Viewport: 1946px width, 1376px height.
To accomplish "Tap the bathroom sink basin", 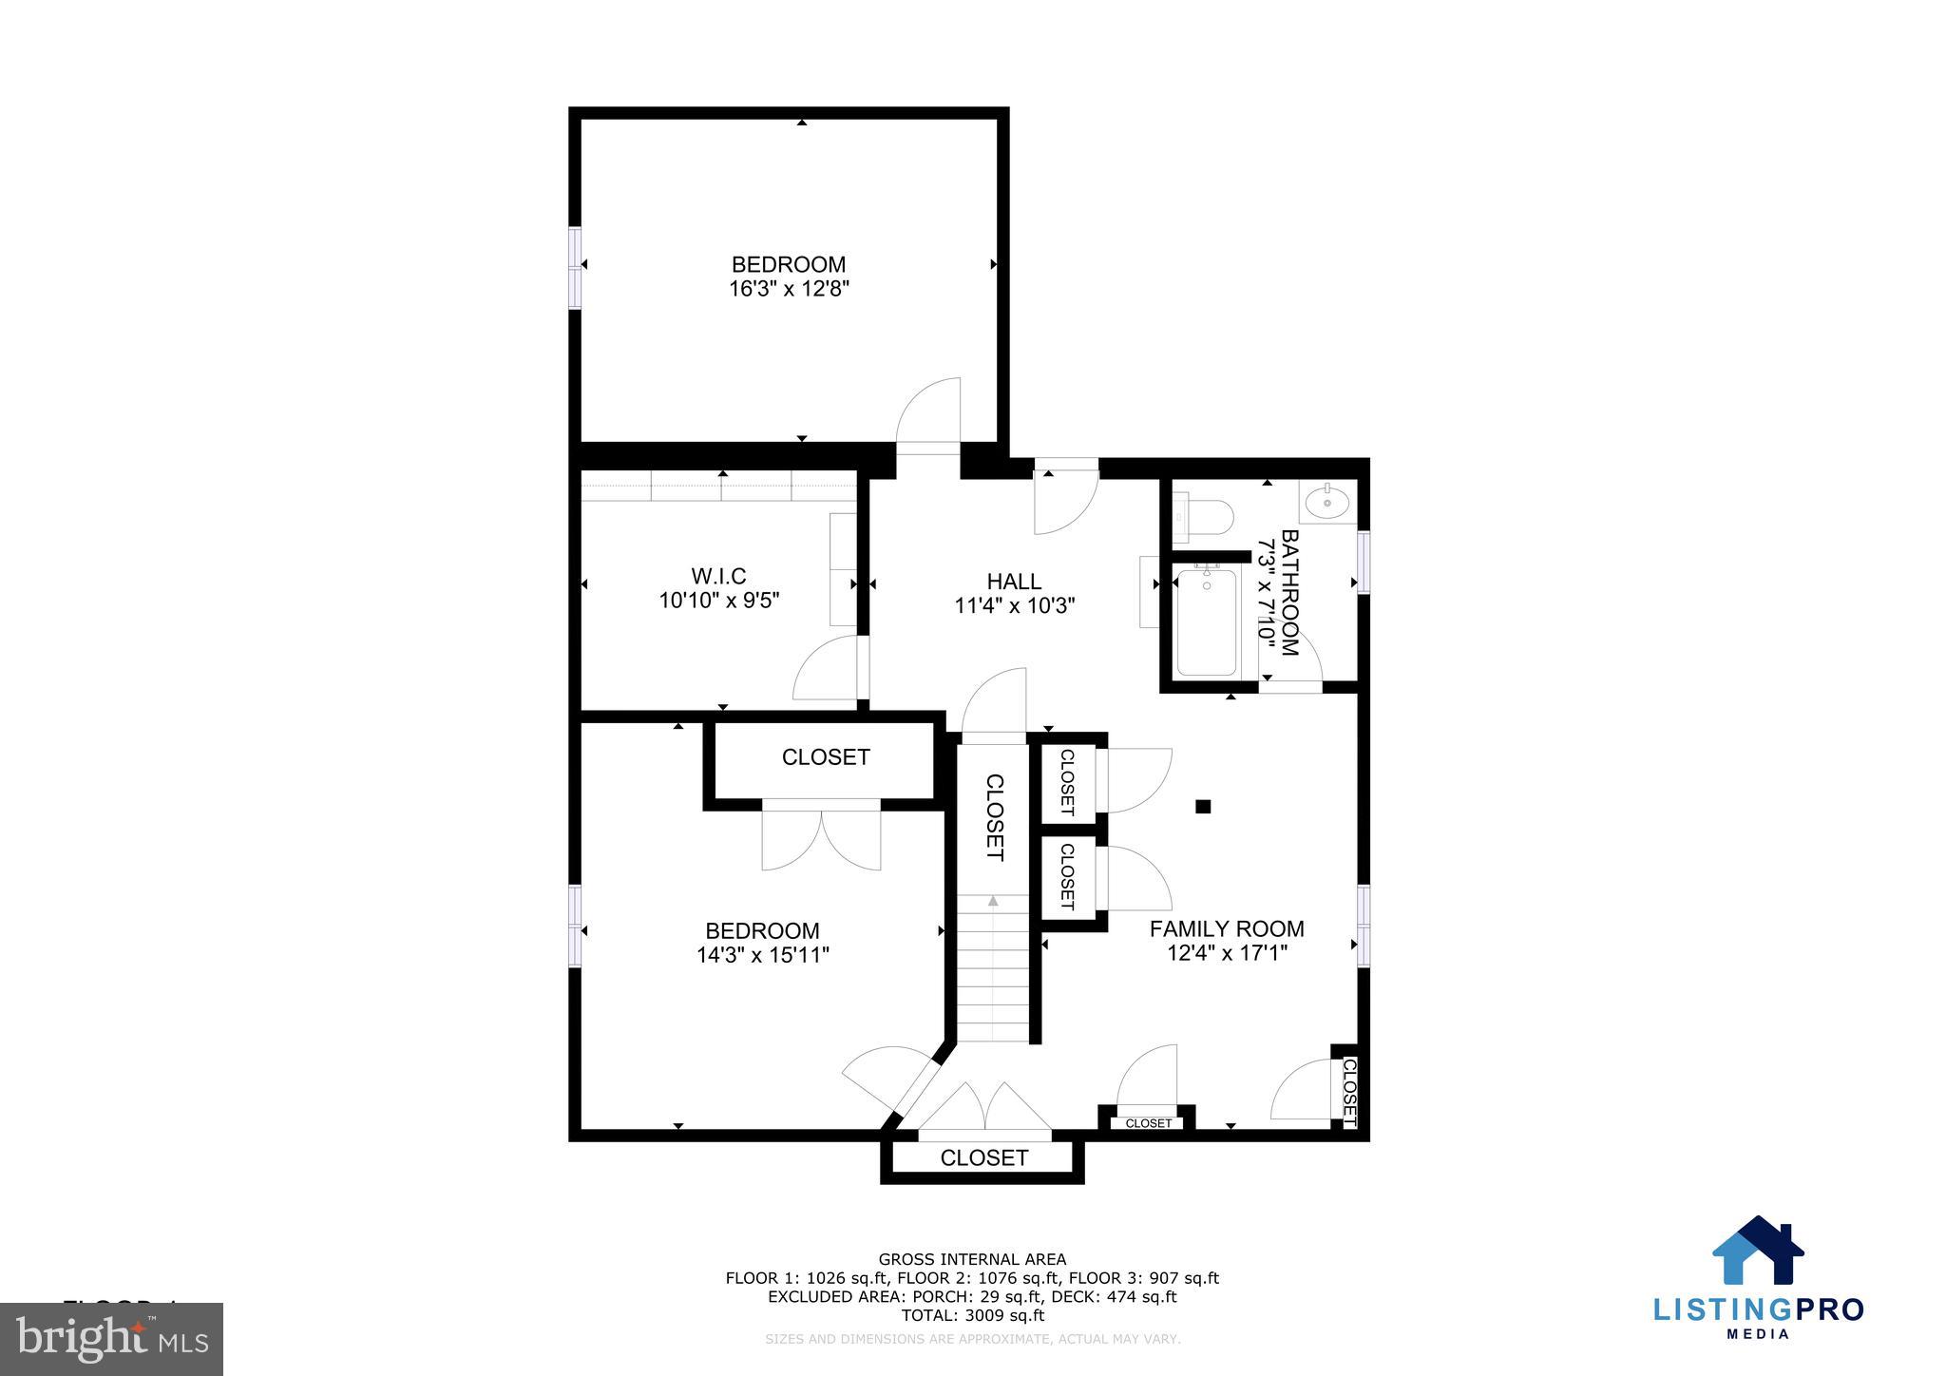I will click(1326, 501).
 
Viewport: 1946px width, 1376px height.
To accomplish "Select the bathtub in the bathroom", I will click(1207, 622).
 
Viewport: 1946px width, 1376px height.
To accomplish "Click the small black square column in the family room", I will click(1203, 807).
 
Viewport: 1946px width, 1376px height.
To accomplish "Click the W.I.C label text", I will click(718, 576).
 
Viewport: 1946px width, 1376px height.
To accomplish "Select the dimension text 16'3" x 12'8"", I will click(788, 289).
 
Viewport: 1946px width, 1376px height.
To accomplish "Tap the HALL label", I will click(1014, 582).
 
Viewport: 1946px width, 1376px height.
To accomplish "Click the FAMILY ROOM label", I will click(1227, 928).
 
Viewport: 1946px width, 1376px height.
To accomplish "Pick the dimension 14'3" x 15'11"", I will click(763, 955).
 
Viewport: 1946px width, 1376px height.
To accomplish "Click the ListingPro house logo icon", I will click(1757, 1252).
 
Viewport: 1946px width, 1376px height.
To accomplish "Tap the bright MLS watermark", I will click(112, 1340).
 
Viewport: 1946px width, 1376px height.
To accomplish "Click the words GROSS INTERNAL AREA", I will click(972, 1260).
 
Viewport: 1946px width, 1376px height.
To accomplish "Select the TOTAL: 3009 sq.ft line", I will click(972, 1315).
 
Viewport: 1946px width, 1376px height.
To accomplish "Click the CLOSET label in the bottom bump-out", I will click(983, 1157).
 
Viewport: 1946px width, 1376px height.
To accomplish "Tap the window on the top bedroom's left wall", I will click(575, 267).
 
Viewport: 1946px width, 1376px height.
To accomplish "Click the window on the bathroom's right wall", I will click(1364, 563).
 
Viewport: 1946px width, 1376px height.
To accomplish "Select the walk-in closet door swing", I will click(829, 669).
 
